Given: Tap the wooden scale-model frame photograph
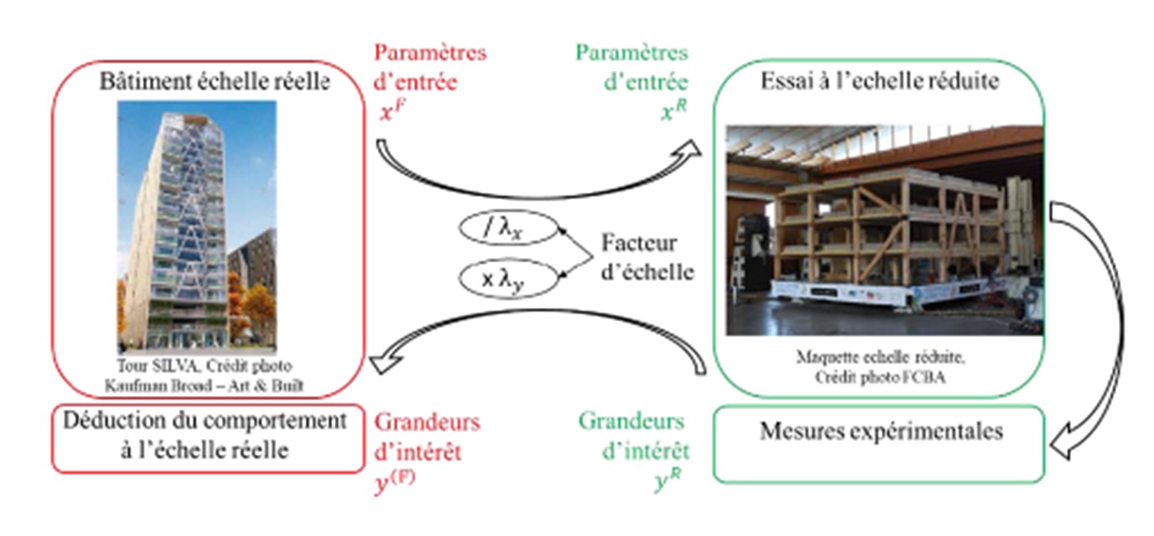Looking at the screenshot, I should (884, 229).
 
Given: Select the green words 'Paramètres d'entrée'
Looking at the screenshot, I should (631, 68).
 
